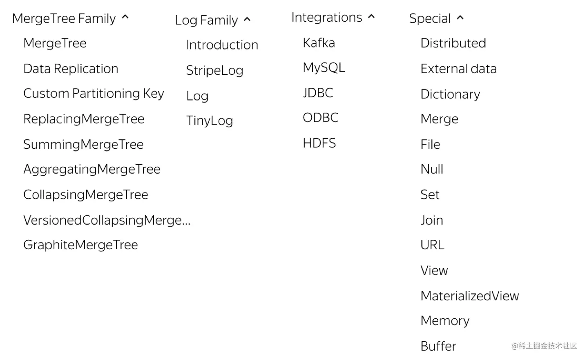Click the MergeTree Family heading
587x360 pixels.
pos(64,18)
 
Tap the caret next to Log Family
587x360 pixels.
pos(247,20)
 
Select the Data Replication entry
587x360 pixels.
pos(71,69)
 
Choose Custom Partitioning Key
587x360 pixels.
pos(94,94)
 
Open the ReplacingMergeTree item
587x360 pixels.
pos(84,119)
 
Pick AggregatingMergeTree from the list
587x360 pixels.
pos(92,169)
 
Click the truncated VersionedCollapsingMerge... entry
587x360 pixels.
pos(107,220)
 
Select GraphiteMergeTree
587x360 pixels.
pos(80,245)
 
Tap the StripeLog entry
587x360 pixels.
pos(214,70)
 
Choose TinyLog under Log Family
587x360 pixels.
pos(210,121)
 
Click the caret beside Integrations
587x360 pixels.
pos(371,17)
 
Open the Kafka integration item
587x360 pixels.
pos(319,43)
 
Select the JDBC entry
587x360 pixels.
pos(318,93)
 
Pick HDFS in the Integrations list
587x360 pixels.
pos(319,143)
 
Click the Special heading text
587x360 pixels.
pos(430,18)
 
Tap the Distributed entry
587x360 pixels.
pos(453,43)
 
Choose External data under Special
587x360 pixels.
pos(458,69)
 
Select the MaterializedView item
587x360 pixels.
pos(469,296)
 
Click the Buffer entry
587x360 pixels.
pos(438,346)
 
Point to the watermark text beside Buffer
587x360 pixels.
pos(544,346)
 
